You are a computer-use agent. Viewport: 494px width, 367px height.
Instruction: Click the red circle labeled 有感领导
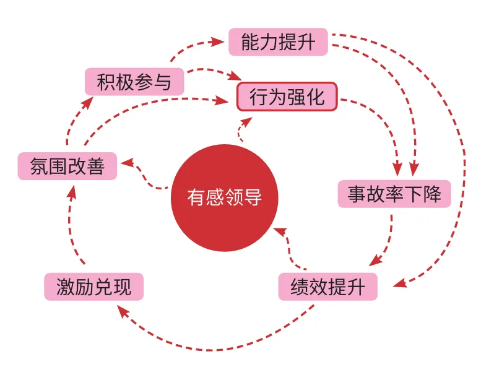coord(224,198)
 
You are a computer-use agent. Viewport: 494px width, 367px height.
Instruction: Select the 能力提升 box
coord(278,41)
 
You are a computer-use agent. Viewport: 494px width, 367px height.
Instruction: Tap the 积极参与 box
coord(134,81)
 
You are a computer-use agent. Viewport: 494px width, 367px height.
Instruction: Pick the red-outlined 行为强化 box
coord(287,97)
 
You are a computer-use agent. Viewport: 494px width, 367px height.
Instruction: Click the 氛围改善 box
coord(67,166)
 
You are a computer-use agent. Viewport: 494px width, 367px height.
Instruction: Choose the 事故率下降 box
coord(394,194)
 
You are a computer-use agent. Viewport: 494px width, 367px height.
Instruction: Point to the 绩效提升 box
coord(327,287)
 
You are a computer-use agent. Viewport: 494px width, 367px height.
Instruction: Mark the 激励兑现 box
coord(93,287)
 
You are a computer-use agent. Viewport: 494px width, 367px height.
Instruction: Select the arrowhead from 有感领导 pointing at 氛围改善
coord(126,162)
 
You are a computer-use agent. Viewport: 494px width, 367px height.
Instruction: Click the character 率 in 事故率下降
coord(394,194)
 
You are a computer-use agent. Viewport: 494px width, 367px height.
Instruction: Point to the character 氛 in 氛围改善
coord(40,166)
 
